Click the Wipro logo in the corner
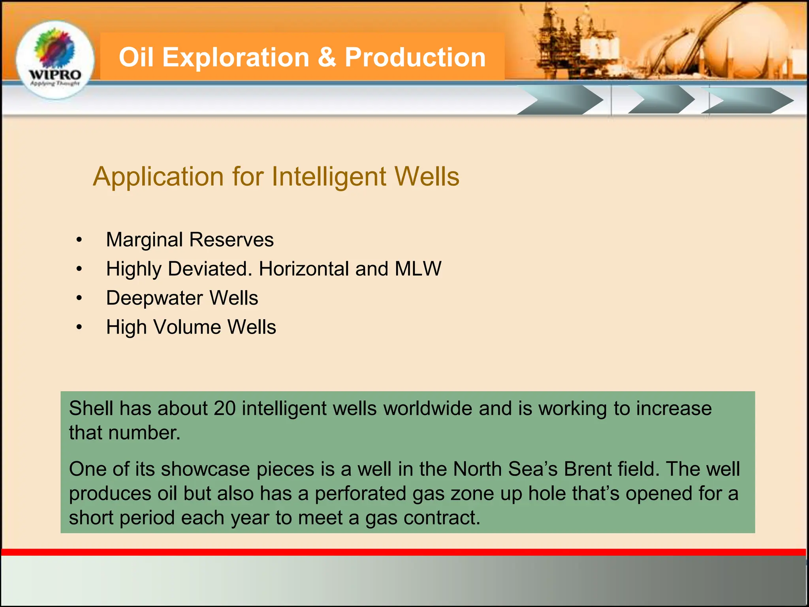[x=55, y=59]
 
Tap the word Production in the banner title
[x=415, y=57]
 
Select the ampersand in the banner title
[x=326, y=57]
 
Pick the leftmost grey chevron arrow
[x=561, y=101]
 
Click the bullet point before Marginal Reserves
[x=79, y=240]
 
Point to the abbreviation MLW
[x=418, y=269]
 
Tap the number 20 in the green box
[x=224, y=408]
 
